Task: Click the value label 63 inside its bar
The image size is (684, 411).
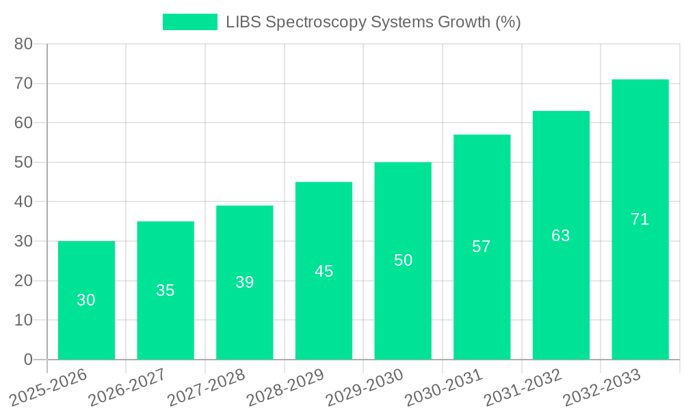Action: click(561, 236)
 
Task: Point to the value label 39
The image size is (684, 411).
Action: click(244, 282)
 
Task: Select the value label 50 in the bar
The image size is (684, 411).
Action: click(403, 260)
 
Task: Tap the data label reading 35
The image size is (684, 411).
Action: click(166, 290)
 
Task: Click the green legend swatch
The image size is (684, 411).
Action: click(189, 22)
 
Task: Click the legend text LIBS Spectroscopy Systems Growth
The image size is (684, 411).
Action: click(373, 22)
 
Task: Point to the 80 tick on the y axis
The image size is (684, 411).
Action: click(24, 44)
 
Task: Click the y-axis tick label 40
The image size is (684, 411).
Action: click(24, 202)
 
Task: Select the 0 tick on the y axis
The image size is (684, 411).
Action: click(28, 360)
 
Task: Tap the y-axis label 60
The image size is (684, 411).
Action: click(24, 123)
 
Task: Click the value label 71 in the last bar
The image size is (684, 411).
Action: click(640, 219)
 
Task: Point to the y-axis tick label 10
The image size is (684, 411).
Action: click(24, 321)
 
